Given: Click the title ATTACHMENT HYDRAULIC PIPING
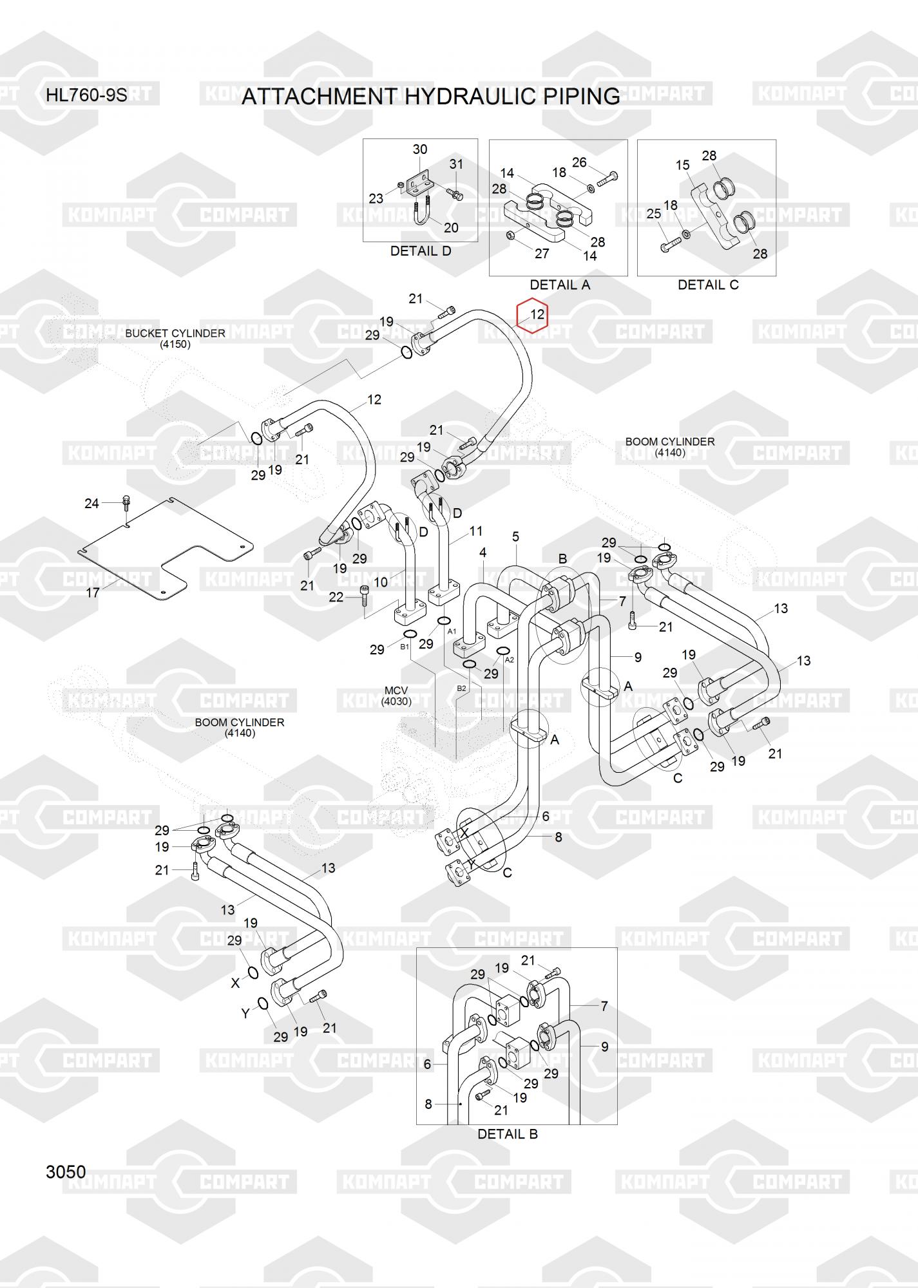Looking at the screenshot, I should (x=430, y=97).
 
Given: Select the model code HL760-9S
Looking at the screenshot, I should (x=86, y=96).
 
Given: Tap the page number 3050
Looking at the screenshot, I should (x=66, y=1171).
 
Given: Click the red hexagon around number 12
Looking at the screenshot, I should (x=532, y=315).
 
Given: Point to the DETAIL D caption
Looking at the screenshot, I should (x=421, y=251).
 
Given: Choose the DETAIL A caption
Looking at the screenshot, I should (x=559, y=285).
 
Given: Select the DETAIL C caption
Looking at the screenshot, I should (x=707, y=285).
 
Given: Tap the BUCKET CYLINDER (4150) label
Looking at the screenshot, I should (x=175, y=339).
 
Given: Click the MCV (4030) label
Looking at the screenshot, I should (x=396, y=696).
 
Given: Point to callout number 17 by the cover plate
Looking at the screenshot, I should (x=93, y=592).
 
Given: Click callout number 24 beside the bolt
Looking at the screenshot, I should (x=92, y=503).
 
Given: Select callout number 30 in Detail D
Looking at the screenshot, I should (x=419, y=149).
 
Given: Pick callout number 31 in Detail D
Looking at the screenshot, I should (x=456, y=164).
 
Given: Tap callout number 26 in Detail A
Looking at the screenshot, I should (x=579, y=162).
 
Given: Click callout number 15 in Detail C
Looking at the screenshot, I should (x=683, y=165).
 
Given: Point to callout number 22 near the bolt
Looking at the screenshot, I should (x=336, y=597).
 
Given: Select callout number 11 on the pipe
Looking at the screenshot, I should (x=476, y=531).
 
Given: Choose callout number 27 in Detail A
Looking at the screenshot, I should (x=542, y=253).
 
